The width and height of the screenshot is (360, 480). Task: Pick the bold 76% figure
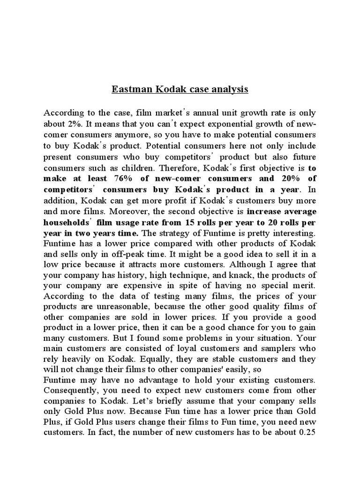tap(122, 179)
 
